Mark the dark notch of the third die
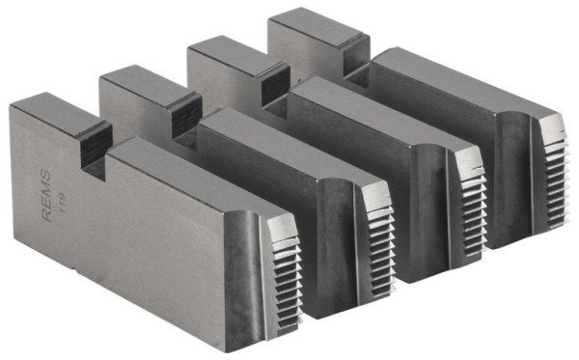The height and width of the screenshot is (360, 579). pos(268,81)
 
